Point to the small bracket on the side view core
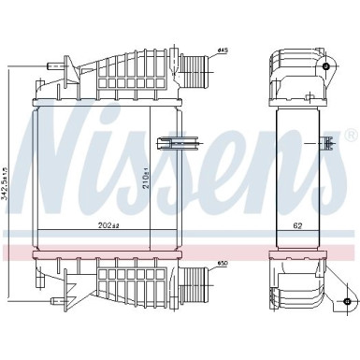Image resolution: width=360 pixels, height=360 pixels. tap(327, 142)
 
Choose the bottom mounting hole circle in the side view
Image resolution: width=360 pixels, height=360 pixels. tap(347, 300)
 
